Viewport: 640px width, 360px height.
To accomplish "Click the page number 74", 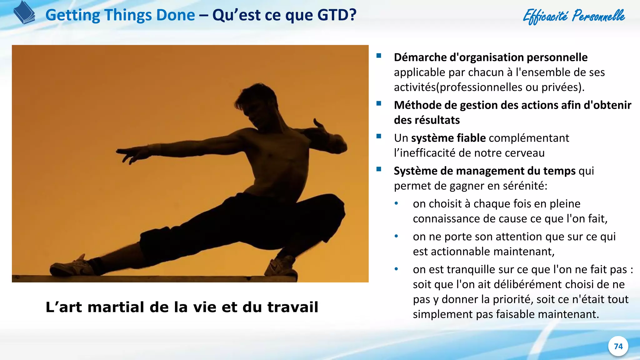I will (618, 346).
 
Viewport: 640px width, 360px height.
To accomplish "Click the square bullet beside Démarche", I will (379, 56).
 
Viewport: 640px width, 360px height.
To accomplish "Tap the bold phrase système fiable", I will (448, 138).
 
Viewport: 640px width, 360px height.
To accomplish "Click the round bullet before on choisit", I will (396, 204).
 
